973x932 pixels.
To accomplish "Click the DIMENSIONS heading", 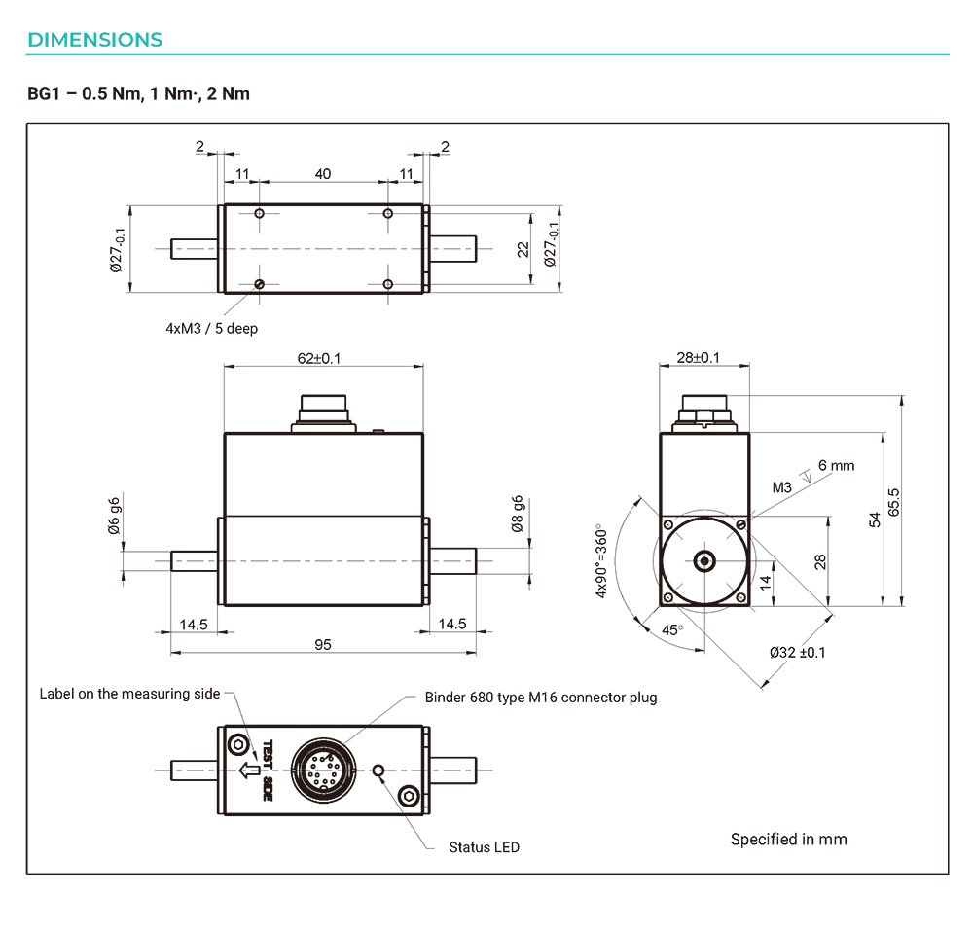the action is [95, 40].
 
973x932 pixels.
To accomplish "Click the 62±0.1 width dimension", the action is [319, 358].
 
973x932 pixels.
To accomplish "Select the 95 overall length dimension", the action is [323, 644].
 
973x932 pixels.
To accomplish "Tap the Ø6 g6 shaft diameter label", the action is [114, 516].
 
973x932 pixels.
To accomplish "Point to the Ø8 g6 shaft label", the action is [518, 514].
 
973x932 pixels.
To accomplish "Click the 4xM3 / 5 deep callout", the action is [211, 328].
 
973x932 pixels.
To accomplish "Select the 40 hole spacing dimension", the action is [323, 174].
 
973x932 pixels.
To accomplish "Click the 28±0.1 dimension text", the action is [698, 357].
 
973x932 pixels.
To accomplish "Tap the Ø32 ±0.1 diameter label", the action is [798, 652].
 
